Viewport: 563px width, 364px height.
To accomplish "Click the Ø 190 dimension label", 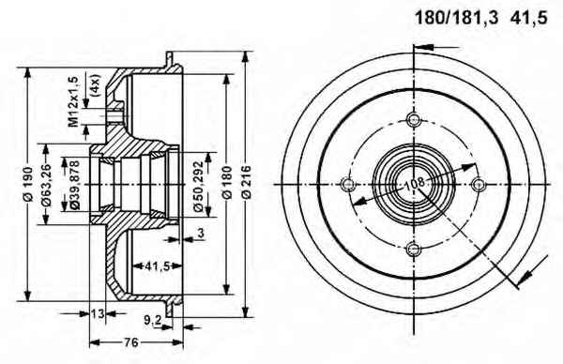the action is coord(28,184).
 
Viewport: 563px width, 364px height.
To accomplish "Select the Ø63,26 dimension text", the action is coord(47,185).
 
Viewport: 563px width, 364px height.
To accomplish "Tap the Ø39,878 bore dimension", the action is coord(74,185).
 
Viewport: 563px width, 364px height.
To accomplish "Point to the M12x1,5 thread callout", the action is coord(74,101).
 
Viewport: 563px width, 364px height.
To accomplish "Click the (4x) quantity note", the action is coord(95,85).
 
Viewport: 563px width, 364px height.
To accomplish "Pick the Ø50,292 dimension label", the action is coord(199,187).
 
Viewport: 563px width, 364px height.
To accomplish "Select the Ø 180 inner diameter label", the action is coord(227,182).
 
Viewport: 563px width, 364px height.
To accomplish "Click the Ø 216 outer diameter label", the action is coord(246,182).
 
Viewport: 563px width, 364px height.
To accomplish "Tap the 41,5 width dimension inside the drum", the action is coord(158,266).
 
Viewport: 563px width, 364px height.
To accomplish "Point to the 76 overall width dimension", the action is coord(132,342).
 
